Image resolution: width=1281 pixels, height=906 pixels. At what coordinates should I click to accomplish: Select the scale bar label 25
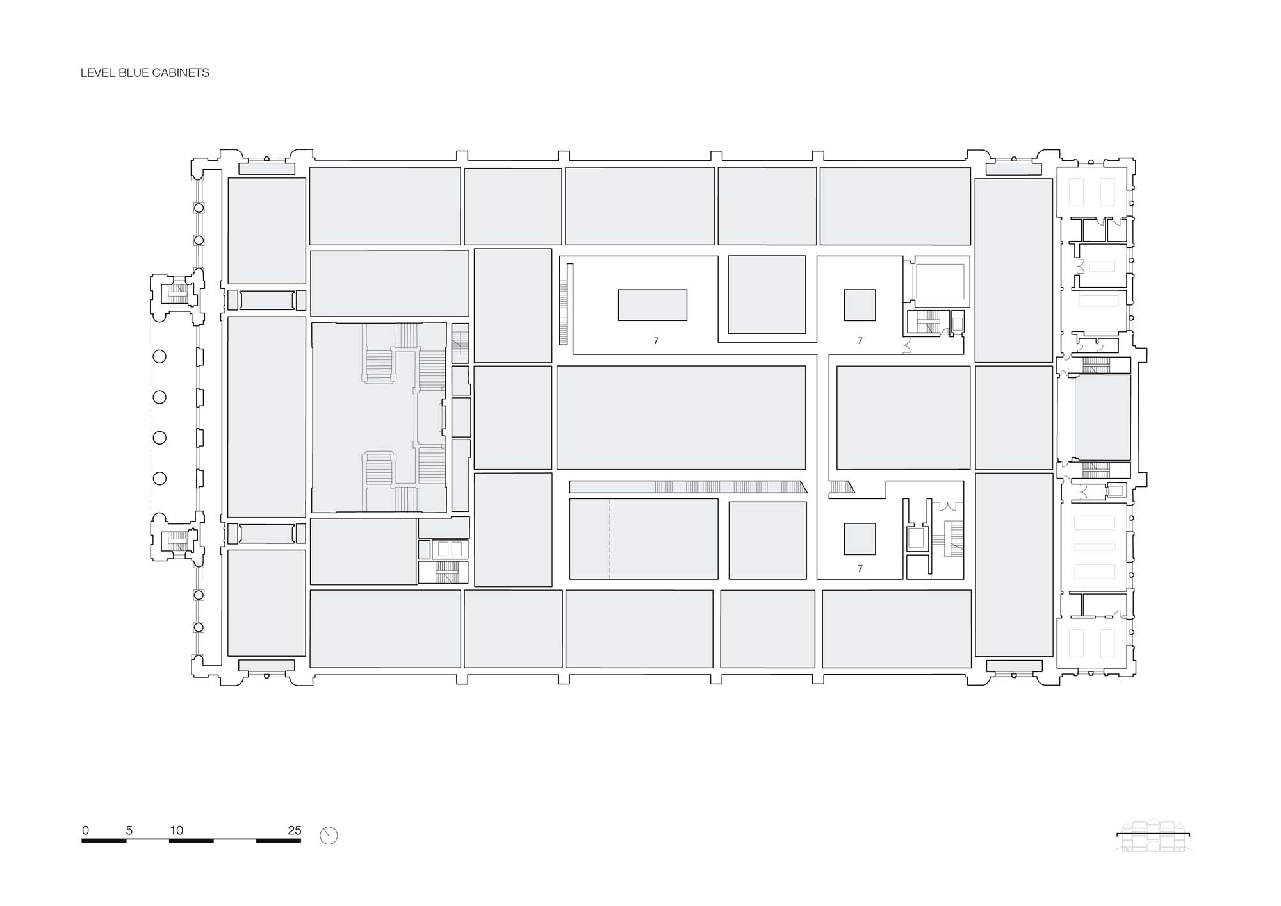pyautogui.click(x=294, y=830)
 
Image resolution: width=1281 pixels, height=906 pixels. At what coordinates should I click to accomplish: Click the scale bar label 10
pyautogui.click(x=176, y=830)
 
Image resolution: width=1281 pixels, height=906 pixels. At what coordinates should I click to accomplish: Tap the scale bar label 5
pyautogui.click(x=129, y=830)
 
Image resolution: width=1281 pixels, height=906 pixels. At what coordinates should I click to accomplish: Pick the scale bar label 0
pyautogui.click(x=85, y=830)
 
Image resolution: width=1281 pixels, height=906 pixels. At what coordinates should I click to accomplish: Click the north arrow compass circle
pyautogui.click(x=329, y=836)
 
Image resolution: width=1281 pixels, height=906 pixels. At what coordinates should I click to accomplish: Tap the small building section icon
pyautogui.click(x=1153, y=835)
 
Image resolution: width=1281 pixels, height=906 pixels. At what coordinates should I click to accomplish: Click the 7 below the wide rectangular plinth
pyautogui.click(x=656, y=341)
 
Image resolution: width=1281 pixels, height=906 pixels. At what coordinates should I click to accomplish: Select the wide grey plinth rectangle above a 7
pyautogui.click(x=653, y=305)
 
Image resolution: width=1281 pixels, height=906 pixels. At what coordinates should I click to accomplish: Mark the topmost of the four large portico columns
pyautogui.click(x=159, y=357)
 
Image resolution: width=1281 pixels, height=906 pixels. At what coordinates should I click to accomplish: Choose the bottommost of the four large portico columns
pyautogui.click(x=159, y=478)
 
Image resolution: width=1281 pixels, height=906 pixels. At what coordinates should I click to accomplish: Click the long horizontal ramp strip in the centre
pyautogui.click(x=689, y=487)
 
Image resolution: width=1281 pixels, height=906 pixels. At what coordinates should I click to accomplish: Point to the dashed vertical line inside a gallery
pyautogui.click(x=609, y=539)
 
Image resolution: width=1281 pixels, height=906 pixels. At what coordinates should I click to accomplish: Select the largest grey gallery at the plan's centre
pyautogui.click(x=681, y=418)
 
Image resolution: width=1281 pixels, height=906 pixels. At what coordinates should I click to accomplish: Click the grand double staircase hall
pyautogui.click(x=379, y=417)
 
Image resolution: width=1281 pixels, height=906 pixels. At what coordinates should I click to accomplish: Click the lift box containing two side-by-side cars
pyautogui.click(x=450, y=549)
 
